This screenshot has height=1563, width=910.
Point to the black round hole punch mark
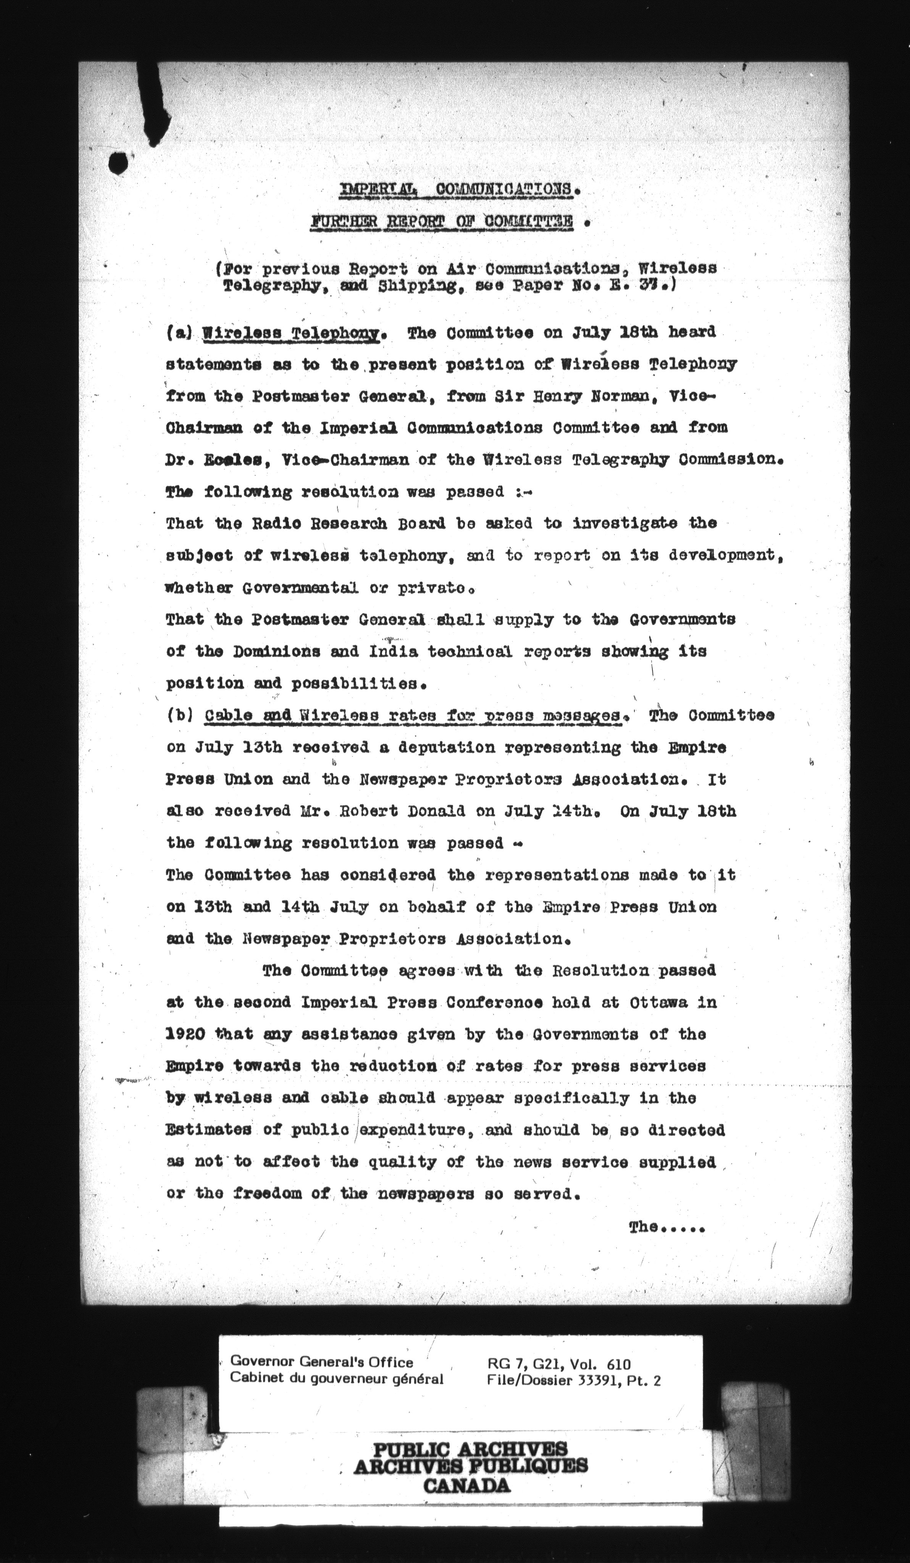[x=118, y=163]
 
